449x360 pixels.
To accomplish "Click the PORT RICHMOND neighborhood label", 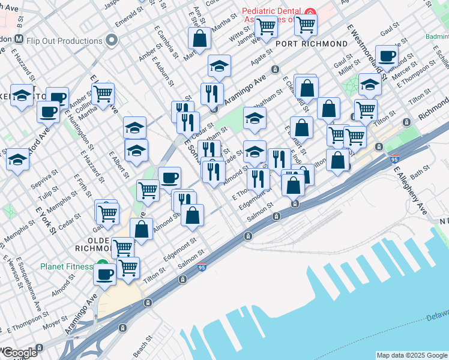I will [311, 44].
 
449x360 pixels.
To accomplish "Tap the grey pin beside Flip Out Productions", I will [111, 41].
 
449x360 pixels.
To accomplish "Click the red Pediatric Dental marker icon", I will [310, 13].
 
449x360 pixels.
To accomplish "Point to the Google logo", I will [19, 353].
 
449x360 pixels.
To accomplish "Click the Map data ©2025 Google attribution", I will [411, 355].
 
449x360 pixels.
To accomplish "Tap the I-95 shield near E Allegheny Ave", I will [394, 160].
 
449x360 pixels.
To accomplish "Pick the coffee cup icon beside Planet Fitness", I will [104, 274].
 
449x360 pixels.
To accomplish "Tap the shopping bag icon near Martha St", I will [199, 38].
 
